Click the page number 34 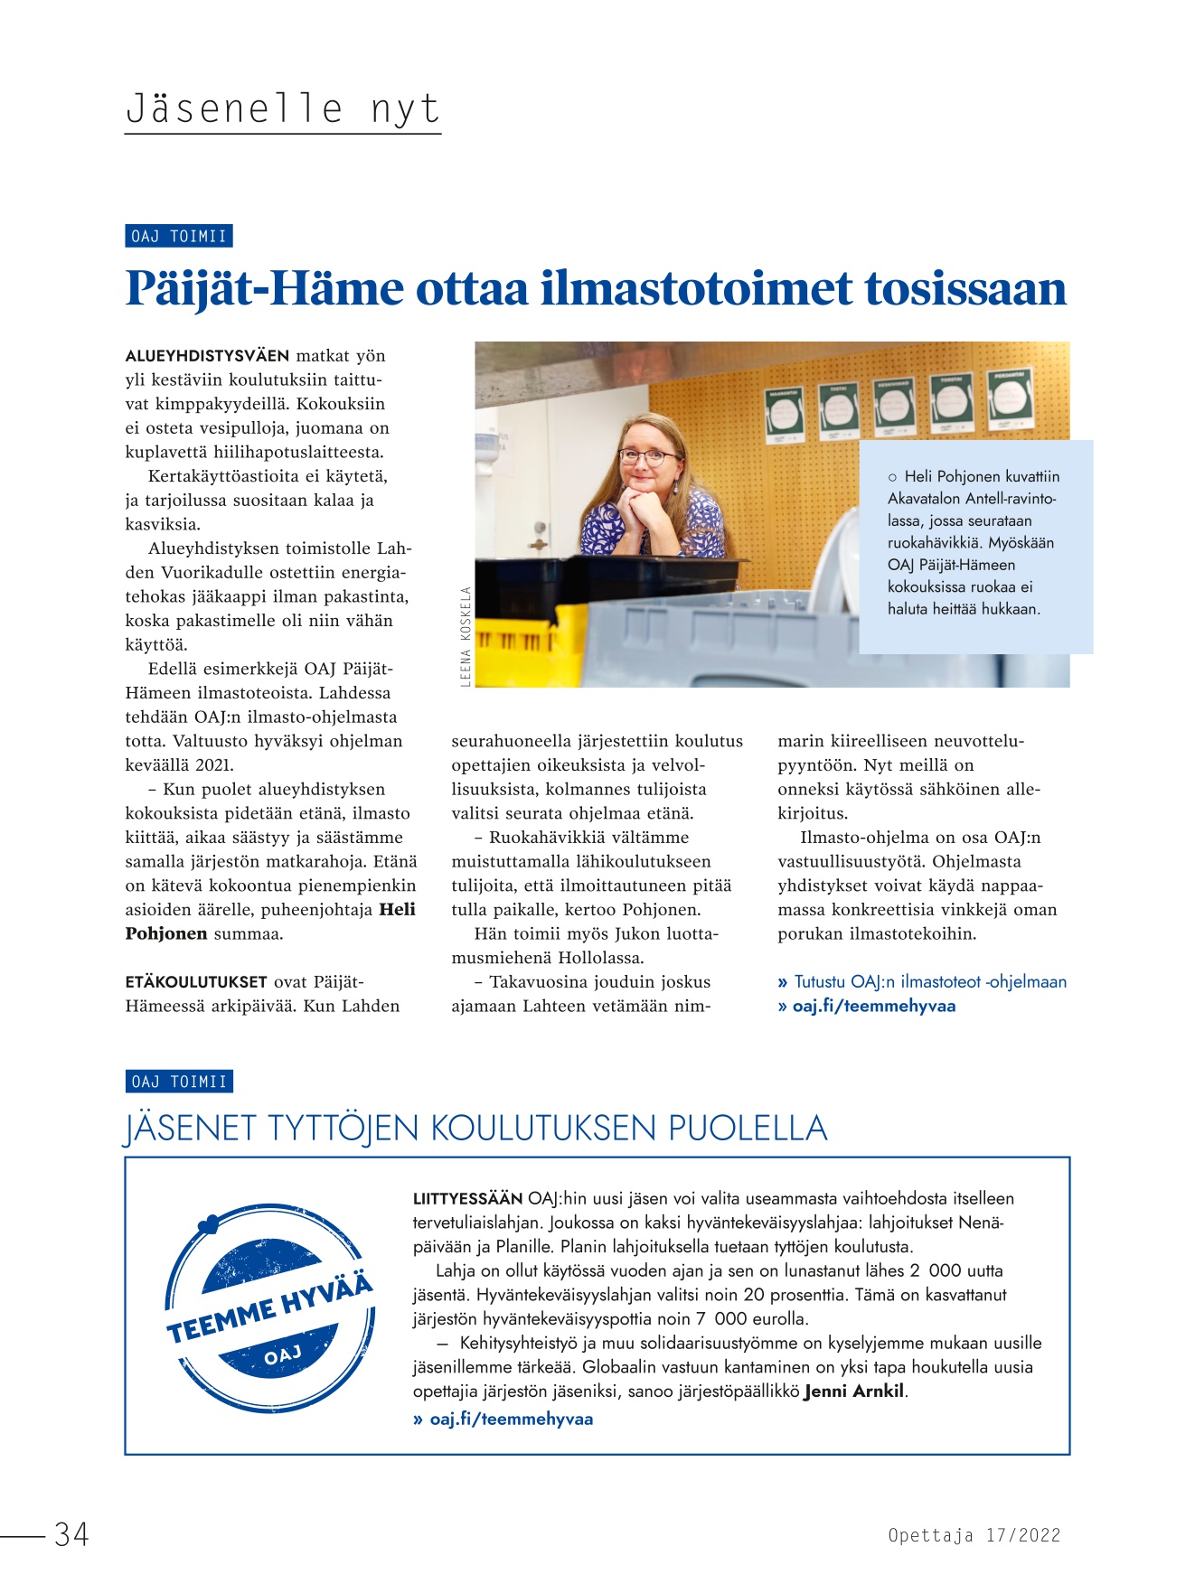pyautogui.click(x=71, y=1534)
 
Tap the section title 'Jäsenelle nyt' pyautogui.click(x=282, y=108)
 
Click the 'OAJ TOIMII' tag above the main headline pyautogui.click(x=178, y=237)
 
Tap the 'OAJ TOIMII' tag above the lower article pyautogui.click(x=178, y=1082)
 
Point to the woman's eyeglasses pyautogui.click(x=648, y=455)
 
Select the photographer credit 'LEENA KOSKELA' pyautogui.click(x=466, y=637)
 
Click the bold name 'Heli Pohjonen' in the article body pyautogui.click(x=271, y=922)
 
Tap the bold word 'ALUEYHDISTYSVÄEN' pyautogui.click(x=207, y=356)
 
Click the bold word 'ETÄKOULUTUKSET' pyautogui.click(x=196, y=982)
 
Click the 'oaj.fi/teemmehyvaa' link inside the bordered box pyautogui.click(x=511, y=1419)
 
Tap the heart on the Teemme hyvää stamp pyautogui.click(x=207, y=1224)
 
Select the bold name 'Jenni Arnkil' pyautogui.click(x=854, y=1392)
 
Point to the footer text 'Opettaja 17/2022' pyautogui.click(x=974, y=1535)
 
